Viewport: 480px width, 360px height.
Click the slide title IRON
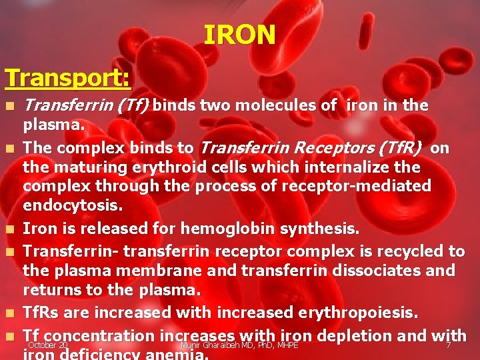point(239,35)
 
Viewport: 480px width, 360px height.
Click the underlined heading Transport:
point(67,78)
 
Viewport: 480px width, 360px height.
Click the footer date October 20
point(48,345)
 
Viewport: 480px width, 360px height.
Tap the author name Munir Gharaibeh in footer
point(217,345)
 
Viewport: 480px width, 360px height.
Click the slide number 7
point(448,345)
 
